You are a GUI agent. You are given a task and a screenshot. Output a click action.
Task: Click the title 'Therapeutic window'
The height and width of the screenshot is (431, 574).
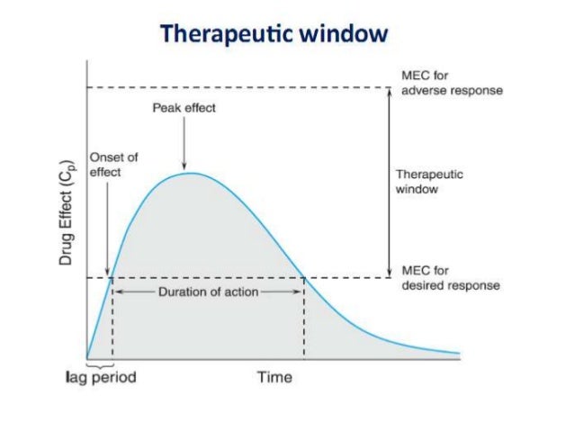point(274,34)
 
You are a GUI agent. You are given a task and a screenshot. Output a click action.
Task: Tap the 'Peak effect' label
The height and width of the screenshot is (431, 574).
point(184,108)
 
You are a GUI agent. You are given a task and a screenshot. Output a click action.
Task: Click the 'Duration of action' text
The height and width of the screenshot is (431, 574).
point(208,292)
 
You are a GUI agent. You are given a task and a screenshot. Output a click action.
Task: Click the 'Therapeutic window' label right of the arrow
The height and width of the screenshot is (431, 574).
point(429,183)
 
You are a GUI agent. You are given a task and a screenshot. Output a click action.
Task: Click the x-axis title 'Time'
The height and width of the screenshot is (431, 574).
point(274,377)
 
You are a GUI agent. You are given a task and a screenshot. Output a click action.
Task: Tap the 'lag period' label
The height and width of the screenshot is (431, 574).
point(99,377)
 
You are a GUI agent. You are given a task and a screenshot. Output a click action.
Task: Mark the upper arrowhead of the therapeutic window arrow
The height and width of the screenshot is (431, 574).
point(388,91)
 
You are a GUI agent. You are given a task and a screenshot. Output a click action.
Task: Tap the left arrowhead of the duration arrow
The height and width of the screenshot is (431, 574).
point(117,292)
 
